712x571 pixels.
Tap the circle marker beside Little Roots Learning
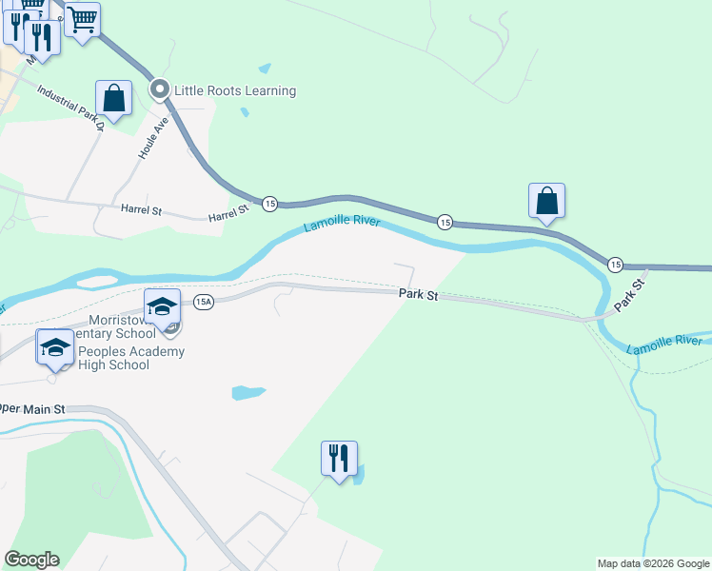click(x=160, y=90)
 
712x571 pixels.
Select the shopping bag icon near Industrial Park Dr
click(x=113, y=98)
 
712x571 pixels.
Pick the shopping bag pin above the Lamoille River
click(x=546, y=201)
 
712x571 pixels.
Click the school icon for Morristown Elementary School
click(x=162, y=306)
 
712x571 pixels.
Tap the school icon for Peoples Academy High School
click(x=55, y=347)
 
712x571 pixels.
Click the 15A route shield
click(x=203, y=302)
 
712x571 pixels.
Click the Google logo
click(x=31, y=560)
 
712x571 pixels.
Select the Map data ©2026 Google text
click(x=653, y=563)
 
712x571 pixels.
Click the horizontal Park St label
click(x=418, y=295)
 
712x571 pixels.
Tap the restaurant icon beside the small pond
click(x=339, y=459)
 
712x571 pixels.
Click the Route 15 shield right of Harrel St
click(x=270, y=204)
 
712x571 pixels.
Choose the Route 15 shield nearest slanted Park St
click(x=615, y=264)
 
